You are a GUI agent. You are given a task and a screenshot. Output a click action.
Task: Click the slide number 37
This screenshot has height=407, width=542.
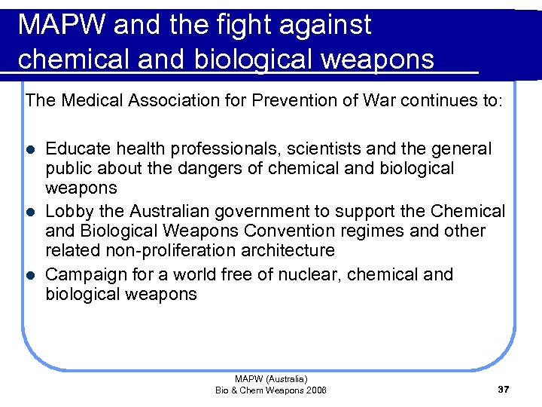coord(504,390)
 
